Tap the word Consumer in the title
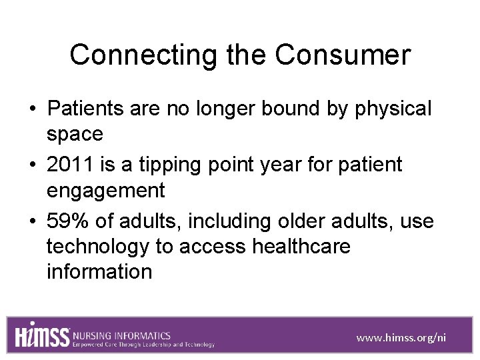point(343,55)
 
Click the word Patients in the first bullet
point(86,108)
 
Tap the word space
point(75,134)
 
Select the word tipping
point(177,164)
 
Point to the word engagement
point(105,191)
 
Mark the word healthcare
point(301,247)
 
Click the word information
point(99,272)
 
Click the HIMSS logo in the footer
point(43,335)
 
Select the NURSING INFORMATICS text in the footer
point(122,335)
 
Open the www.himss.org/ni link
point(401,338)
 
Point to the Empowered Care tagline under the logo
point(144,345)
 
